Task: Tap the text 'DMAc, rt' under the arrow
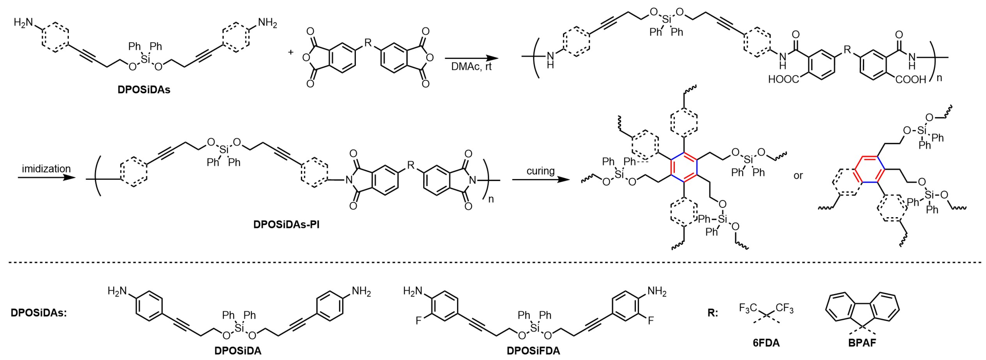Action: tap(471, 66)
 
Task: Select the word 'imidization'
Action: tap(46, 169)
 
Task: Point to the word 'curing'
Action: tap(541, 171)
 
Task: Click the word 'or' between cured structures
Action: tap(798, 176)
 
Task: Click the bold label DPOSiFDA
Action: tap(533, 351)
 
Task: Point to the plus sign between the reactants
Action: tap(291, 51)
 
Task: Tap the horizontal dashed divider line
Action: tap(493, 262)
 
